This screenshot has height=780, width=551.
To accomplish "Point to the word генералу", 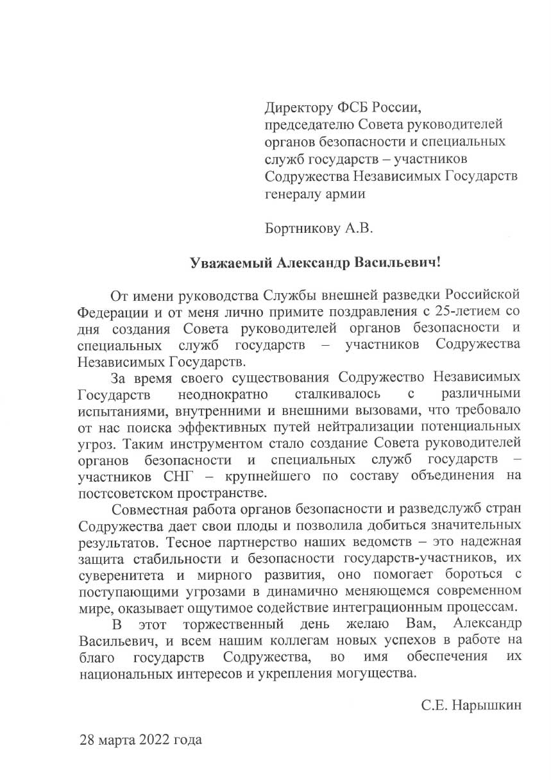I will [292, 194].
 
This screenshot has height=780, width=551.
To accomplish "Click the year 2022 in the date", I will [154, 740].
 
